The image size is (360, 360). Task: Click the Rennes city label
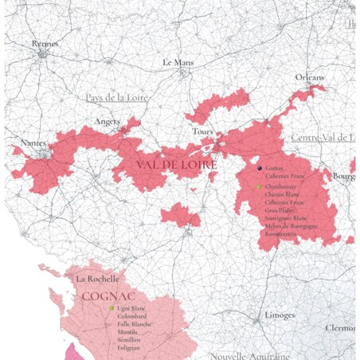point(45,44)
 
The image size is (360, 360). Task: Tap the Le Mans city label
point(179,61)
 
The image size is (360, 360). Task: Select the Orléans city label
point(310,77)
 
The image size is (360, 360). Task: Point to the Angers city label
point(108,121)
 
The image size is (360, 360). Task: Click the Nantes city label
point(33,143)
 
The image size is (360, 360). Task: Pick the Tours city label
point(200,131)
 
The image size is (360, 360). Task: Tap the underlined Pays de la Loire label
point(118,97)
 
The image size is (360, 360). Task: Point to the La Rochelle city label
point(97,279)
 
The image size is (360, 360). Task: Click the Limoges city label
point(280,315)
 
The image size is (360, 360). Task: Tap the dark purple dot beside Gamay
point(259,169)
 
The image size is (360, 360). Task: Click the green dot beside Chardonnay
point(259,186)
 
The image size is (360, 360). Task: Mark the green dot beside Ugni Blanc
point(112,307)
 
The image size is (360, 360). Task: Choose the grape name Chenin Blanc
point(282,194)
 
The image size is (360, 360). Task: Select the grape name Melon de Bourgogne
point(292,226)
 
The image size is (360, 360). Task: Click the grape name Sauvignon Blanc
point(286,218)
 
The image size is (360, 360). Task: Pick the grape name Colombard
point(131,316)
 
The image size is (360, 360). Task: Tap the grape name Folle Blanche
point(135,324)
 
